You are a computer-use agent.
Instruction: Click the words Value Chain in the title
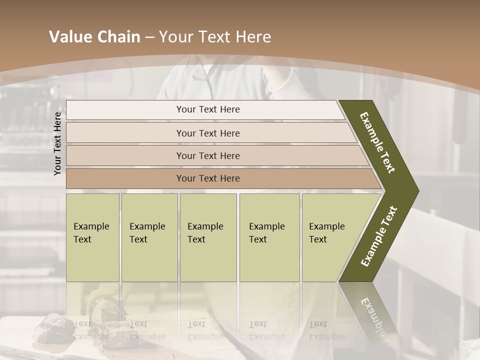coord(94,37)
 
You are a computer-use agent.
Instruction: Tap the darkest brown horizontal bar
coord(125,178)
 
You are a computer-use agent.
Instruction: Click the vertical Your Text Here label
coord(58,143)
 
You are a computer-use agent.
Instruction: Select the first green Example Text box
coord(92,237)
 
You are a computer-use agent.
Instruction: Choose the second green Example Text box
coord(149,237)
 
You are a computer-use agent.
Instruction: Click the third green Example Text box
coord(208,237)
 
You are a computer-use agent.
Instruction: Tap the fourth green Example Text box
coord(269,237)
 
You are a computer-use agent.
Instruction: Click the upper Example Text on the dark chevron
coord(377,142)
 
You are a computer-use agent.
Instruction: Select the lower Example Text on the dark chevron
coord(379,236)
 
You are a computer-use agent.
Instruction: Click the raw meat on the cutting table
coord(50,327)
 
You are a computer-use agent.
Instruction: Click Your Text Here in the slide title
coord(215,37)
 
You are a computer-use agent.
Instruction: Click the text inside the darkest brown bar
coord(208,178)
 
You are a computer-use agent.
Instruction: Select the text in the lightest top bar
coord(208,109)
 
